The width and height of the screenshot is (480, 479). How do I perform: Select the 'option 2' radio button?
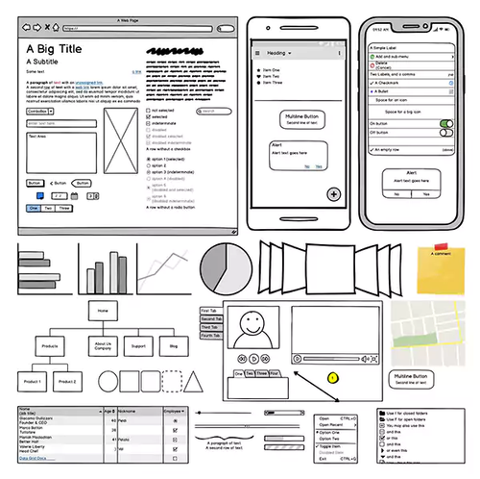coord(148,165)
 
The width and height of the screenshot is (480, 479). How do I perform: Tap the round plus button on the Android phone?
coord(333,194)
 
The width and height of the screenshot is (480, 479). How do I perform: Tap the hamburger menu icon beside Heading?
coord(259,53)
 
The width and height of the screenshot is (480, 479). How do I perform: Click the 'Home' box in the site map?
coord(104,312)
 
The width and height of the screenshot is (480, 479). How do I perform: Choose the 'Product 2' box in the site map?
coord(66,382)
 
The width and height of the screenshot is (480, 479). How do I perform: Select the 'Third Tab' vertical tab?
coord(208,327)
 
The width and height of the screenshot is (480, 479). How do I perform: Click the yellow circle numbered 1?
coord(333,378)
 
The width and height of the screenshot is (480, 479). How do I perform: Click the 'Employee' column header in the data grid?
coord(174,411)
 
